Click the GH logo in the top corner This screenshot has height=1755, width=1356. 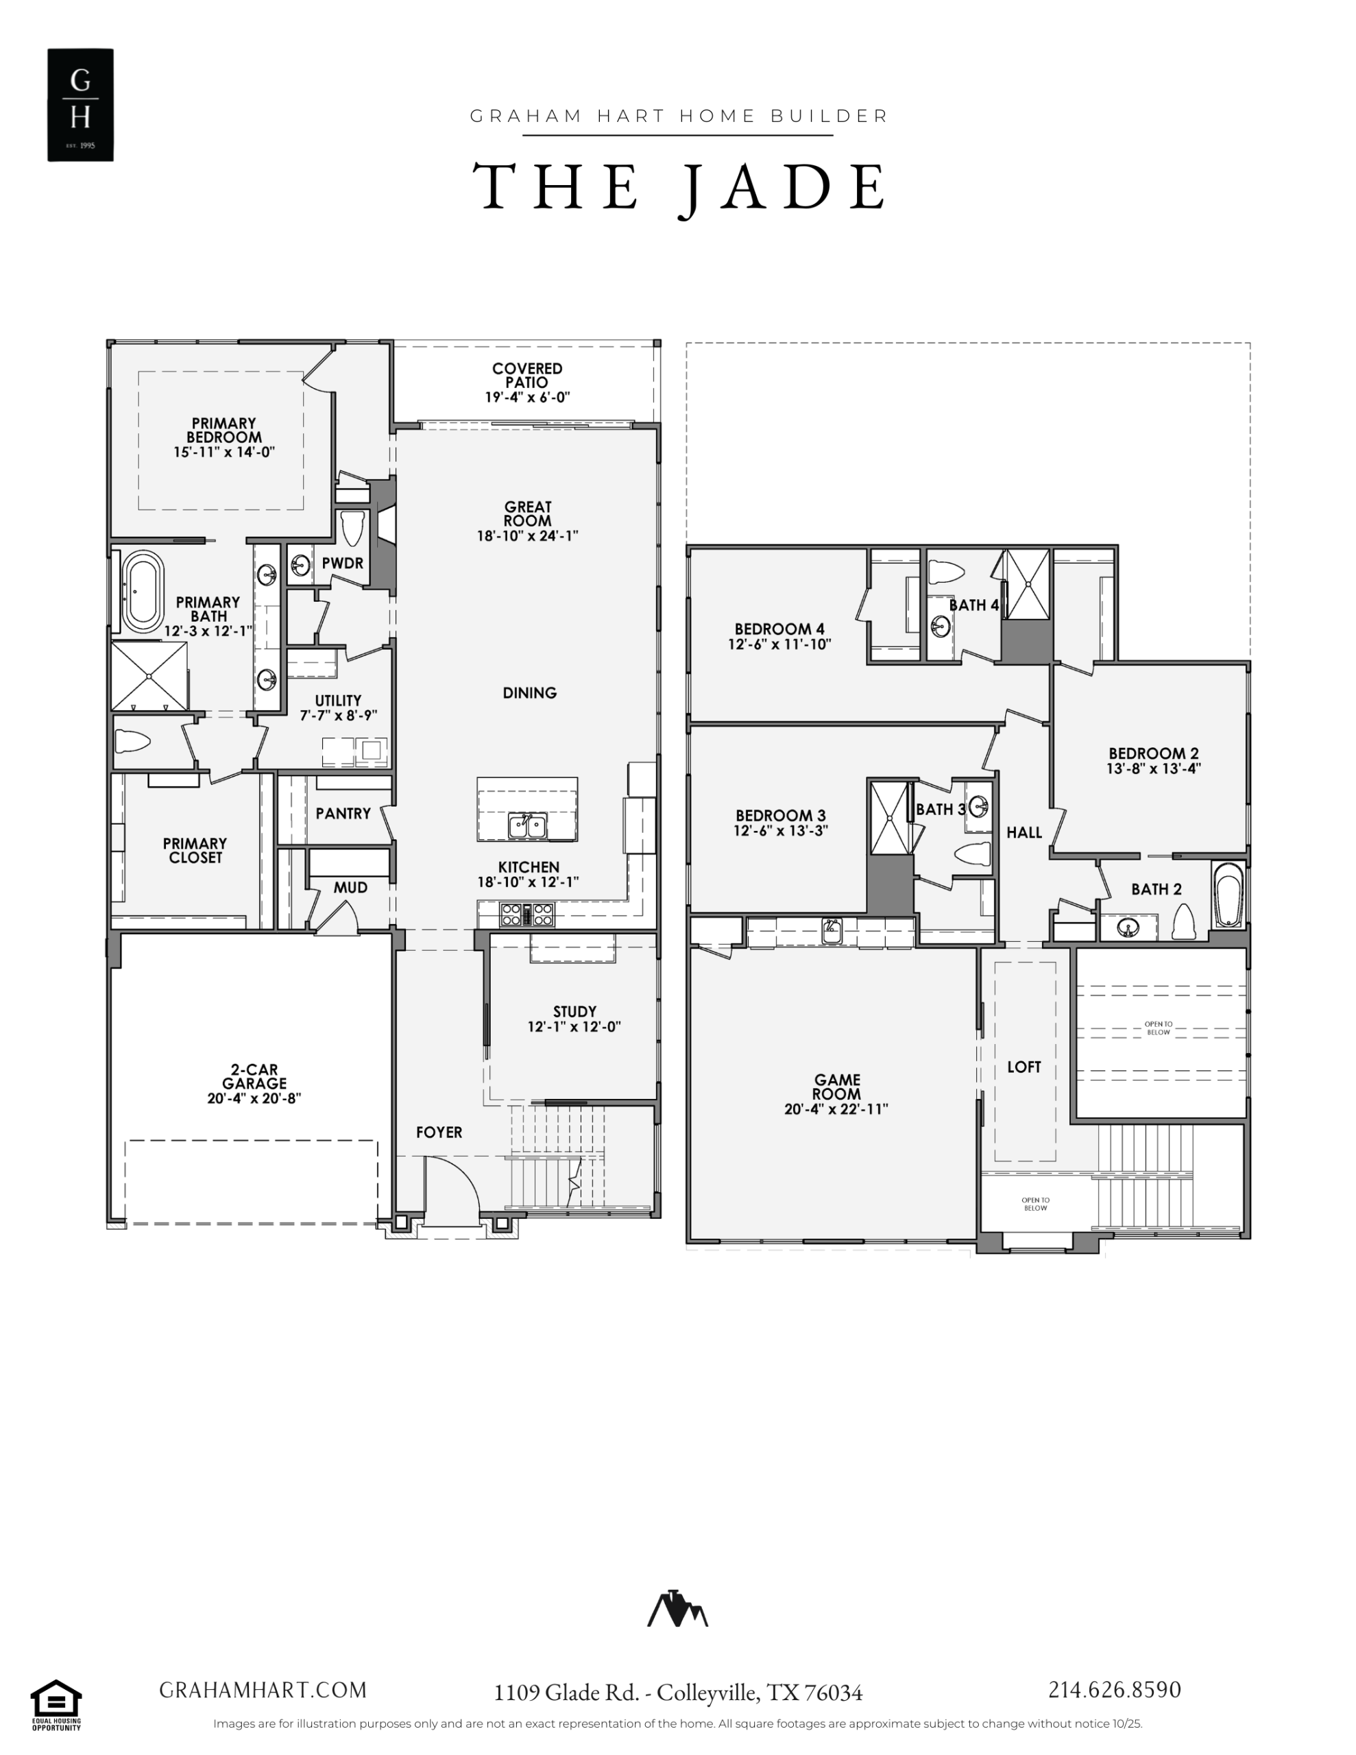80,104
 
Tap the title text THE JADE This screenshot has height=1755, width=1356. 679,187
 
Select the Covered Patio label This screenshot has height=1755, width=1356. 527,383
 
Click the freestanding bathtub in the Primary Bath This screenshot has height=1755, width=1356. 143,591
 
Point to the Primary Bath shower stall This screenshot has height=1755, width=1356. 149,676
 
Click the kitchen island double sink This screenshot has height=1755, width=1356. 527,825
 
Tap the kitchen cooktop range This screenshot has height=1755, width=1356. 527,915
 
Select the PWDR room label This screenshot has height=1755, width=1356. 342,564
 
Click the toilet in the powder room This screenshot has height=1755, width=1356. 352,528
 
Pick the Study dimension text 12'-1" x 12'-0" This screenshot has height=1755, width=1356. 574,1026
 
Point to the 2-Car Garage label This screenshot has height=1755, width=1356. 254,1083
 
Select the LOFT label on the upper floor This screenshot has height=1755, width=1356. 1024,1067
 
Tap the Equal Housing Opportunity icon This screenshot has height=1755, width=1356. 56,1704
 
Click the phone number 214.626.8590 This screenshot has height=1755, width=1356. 1114,1690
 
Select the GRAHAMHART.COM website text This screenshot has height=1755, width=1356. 263,1691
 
